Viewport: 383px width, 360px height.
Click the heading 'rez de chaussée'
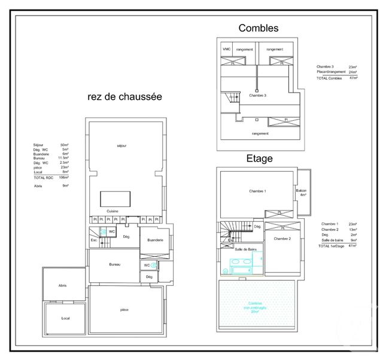click(x=124, y=96)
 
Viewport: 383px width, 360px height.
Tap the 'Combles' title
click(x=259, y=28)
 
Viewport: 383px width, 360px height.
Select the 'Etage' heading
click(x=259, y=158)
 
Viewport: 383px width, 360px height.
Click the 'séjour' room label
click(x=123, y=146)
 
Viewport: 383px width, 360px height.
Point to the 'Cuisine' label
click(x=112, y=211)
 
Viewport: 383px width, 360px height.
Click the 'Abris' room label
click(x=62, y=286)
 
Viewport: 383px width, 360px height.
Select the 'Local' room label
click(x=66, y=318)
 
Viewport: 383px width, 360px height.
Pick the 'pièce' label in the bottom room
click(x=124, y=310)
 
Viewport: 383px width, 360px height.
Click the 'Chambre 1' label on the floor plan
click(x=257, y=191)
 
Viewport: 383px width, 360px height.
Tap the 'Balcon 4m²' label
click(x=302, y=193)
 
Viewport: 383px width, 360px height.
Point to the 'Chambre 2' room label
click(x=282, y=239)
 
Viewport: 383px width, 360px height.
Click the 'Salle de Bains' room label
click(x=245, y=249)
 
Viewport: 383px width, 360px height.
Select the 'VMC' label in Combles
click(x=227, y=49)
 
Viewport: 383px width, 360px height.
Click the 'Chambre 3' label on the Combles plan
click(x=257, y=96)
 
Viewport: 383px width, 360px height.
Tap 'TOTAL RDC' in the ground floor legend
click(x=44, y=178)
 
